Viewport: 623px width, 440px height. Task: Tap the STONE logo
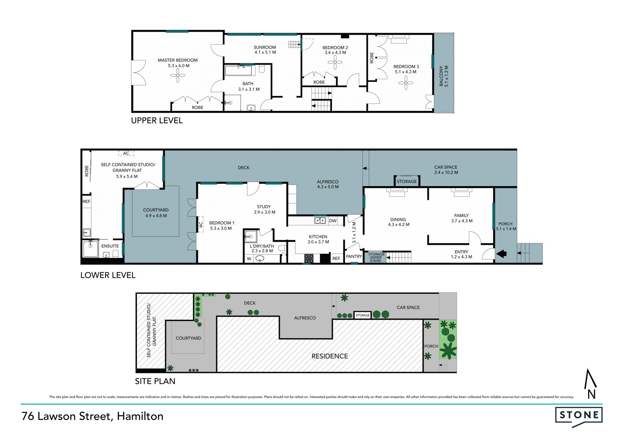point(579,416)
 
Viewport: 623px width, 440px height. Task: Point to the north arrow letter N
point(591,394)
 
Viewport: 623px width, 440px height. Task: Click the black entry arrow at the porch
point(501,254)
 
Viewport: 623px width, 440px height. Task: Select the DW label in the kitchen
point(333,221)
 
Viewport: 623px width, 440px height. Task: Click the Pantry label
point(354,256)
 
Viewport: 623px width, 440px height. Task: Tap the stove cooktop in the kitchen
point(309,258)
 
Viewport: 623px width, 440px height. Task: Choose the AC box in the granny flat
point(126,153)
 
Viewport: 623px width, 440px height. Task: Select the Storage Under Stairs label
point(376,257)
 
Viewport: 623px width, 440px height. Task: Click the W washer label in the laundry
point(249,259)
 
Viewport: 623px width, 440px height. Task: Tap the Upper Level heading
point(157,121)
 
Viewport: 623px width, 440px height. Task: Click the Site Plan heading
point(155,381)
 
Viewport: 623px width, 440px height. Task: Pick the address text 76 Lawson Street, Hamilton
point(92,416)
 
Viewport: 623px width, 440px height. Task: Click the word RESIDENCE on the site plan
point(330,356)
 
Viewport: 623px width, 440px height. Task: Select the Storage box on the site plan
point(362,315)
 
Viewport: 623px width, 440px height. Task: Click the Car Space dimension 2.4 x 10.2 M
point(446,172)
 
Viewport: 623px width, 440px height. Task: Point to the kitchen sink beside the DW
point(320,221)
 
